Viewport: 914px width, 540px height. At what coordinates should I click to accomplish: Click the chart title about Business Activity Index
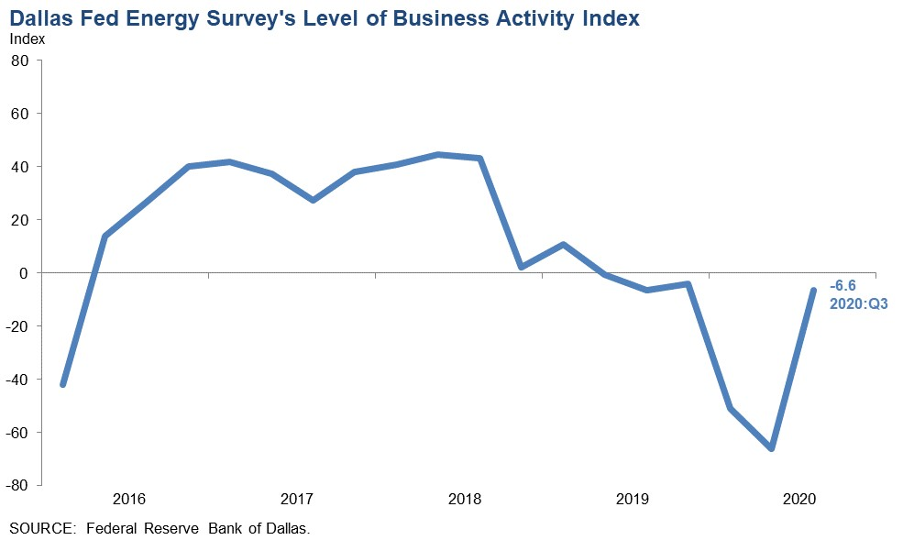coord(325,17)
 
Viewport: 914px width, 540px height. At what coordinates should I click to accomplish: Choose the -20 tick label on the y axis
coord(18,326)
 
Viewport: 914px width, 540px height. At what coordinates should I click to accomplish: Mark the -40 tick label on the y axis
coord(18,380)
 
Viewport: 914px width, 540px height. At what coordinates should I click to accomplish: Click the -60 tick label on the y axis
coord(18,433)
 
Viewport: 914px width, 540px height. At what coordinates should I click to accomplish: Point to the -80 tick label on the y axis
coord(18,486)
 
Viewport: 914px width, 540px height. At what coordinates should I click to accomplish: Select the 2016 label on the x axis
coord(129,500)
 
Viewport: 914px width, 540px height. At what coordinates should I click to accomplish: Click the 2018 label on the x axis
coord(465,500)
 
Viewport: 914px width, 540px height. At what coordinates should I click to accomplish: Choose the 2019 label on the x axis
coord(633,500)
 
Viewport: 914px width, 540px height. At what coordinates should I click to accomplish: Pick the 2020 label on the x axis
coord(799,500)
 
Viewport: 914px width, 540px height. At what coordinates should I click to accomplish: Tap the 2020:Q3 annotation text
coord(858,302)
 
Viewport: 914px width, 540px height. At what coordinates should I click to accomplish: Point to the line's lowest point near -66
coord(771,448)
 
